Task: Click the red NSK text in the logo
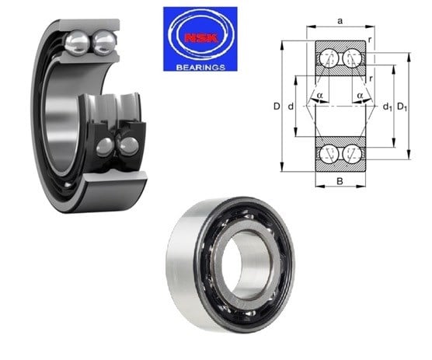(x=201, y=38)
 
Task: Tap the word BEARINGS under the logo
(x=200, y=68)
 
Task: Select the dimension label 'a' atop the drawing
(x=340, y=21)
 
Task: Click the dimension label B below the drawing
(x=340, y=181)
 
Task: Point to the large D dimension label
(x=277, y=106)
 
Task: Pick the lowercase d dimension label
(x=291, y=106)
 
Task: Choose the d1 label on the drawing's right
(x=388, y=107)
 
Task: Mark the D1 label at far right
(x=402, y=107)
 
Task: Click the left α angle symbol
(x=319, y=96)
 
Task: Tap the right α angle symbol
(x=360, y=96)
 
